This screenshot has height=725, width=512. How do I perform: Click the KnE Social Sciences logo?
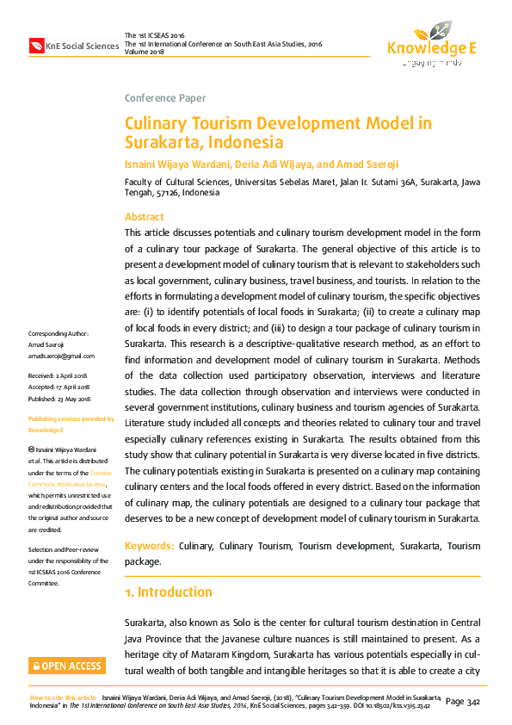click(x=74, y=45)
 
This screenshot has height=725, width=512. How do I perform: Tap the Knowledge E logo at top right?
click(x=432, y=43)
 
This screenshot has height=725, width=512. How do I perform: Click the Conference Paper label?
click(x=165, y=98)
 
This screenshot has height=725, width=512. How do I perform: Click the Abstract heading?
click(x=144, y=217)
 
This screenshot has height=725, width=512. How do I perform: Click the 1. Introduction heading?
click(x=169, y=592)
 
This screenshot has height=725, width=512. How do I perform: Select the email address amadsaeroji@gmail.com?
click(x=62, y=355)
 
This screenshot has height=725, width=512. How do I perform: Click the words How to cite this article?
click(x=63, y=697)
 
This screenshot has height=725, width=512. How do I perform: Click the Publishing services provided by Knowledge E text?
click(x=71, y=424)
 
